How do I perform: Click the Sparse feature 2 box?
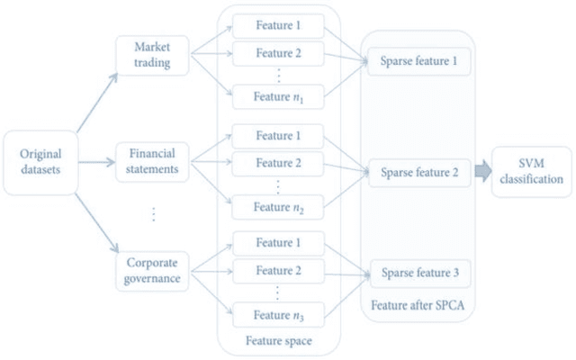pyautogui.click(x=418, y=172)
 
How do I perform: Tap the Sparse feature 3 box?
pyautogui.click(x=418, y=273)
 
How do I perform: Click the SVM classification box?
pyautogui.click(x=531, y=171)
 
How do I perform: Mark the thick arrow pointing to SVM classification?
pyautogui.click(x=481, y=170)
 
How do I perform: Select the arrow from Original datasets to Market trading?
pyautogui.click(x=94, y=101)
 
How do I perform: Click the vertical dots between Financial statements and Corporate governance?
pyautogui.click(x=154, y=214)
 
